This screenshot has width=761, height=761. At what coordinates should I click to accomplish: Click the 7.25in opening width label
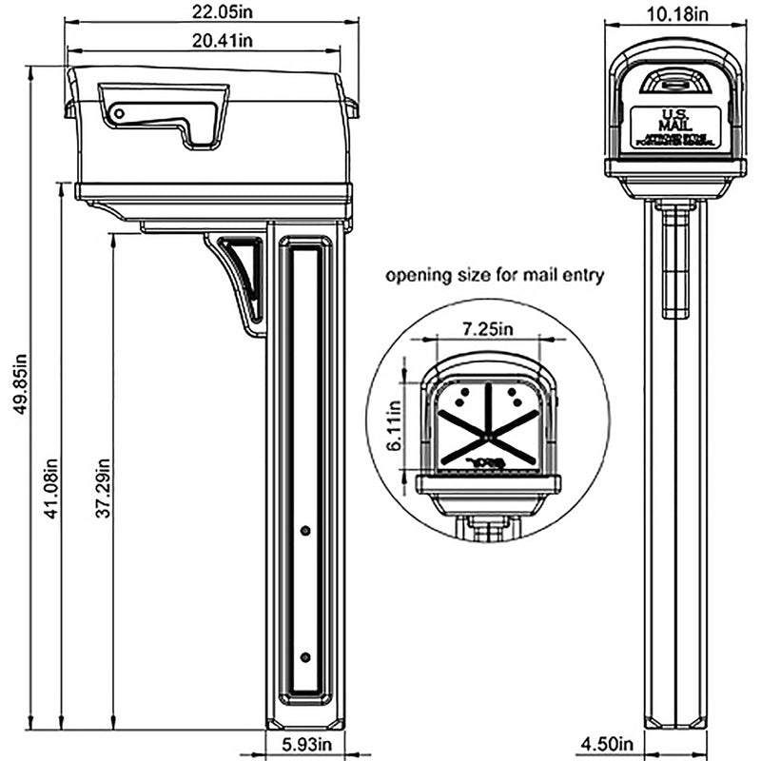point(488,328)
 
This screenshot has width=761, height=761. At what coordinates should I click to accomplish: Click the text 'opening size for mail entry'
point(495,276)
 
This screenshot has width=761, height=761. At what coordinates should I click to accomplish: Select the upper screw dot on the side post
point(304,531)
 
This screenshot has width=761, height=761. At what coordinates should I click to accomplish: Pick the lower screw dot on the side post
point(304,657)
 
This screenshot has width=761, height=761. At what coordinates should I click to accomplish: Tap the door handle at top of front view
point(675,83)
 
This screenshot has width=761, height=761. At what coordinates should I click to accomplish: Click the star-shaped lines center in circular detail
point(487,434)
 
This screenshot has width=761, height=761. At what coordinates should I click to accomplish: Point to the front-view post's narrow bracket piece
point(675,262)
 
